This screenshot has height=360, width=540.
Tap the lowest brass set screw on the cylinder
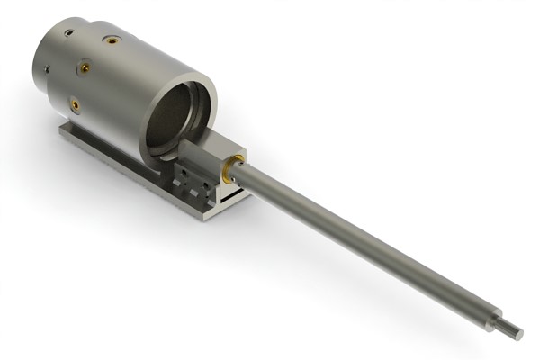tap(76, 104)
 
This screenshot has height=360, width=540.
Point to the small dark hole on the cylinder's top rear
tap(68, 33)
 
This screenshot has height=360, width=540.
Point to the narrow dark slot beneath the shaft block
tap(232, 191)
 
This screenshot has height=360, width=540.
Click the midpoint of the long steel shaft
tap(369, 243)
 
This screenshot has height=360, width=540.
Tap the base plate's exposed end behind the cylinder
tap(70, 135)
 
